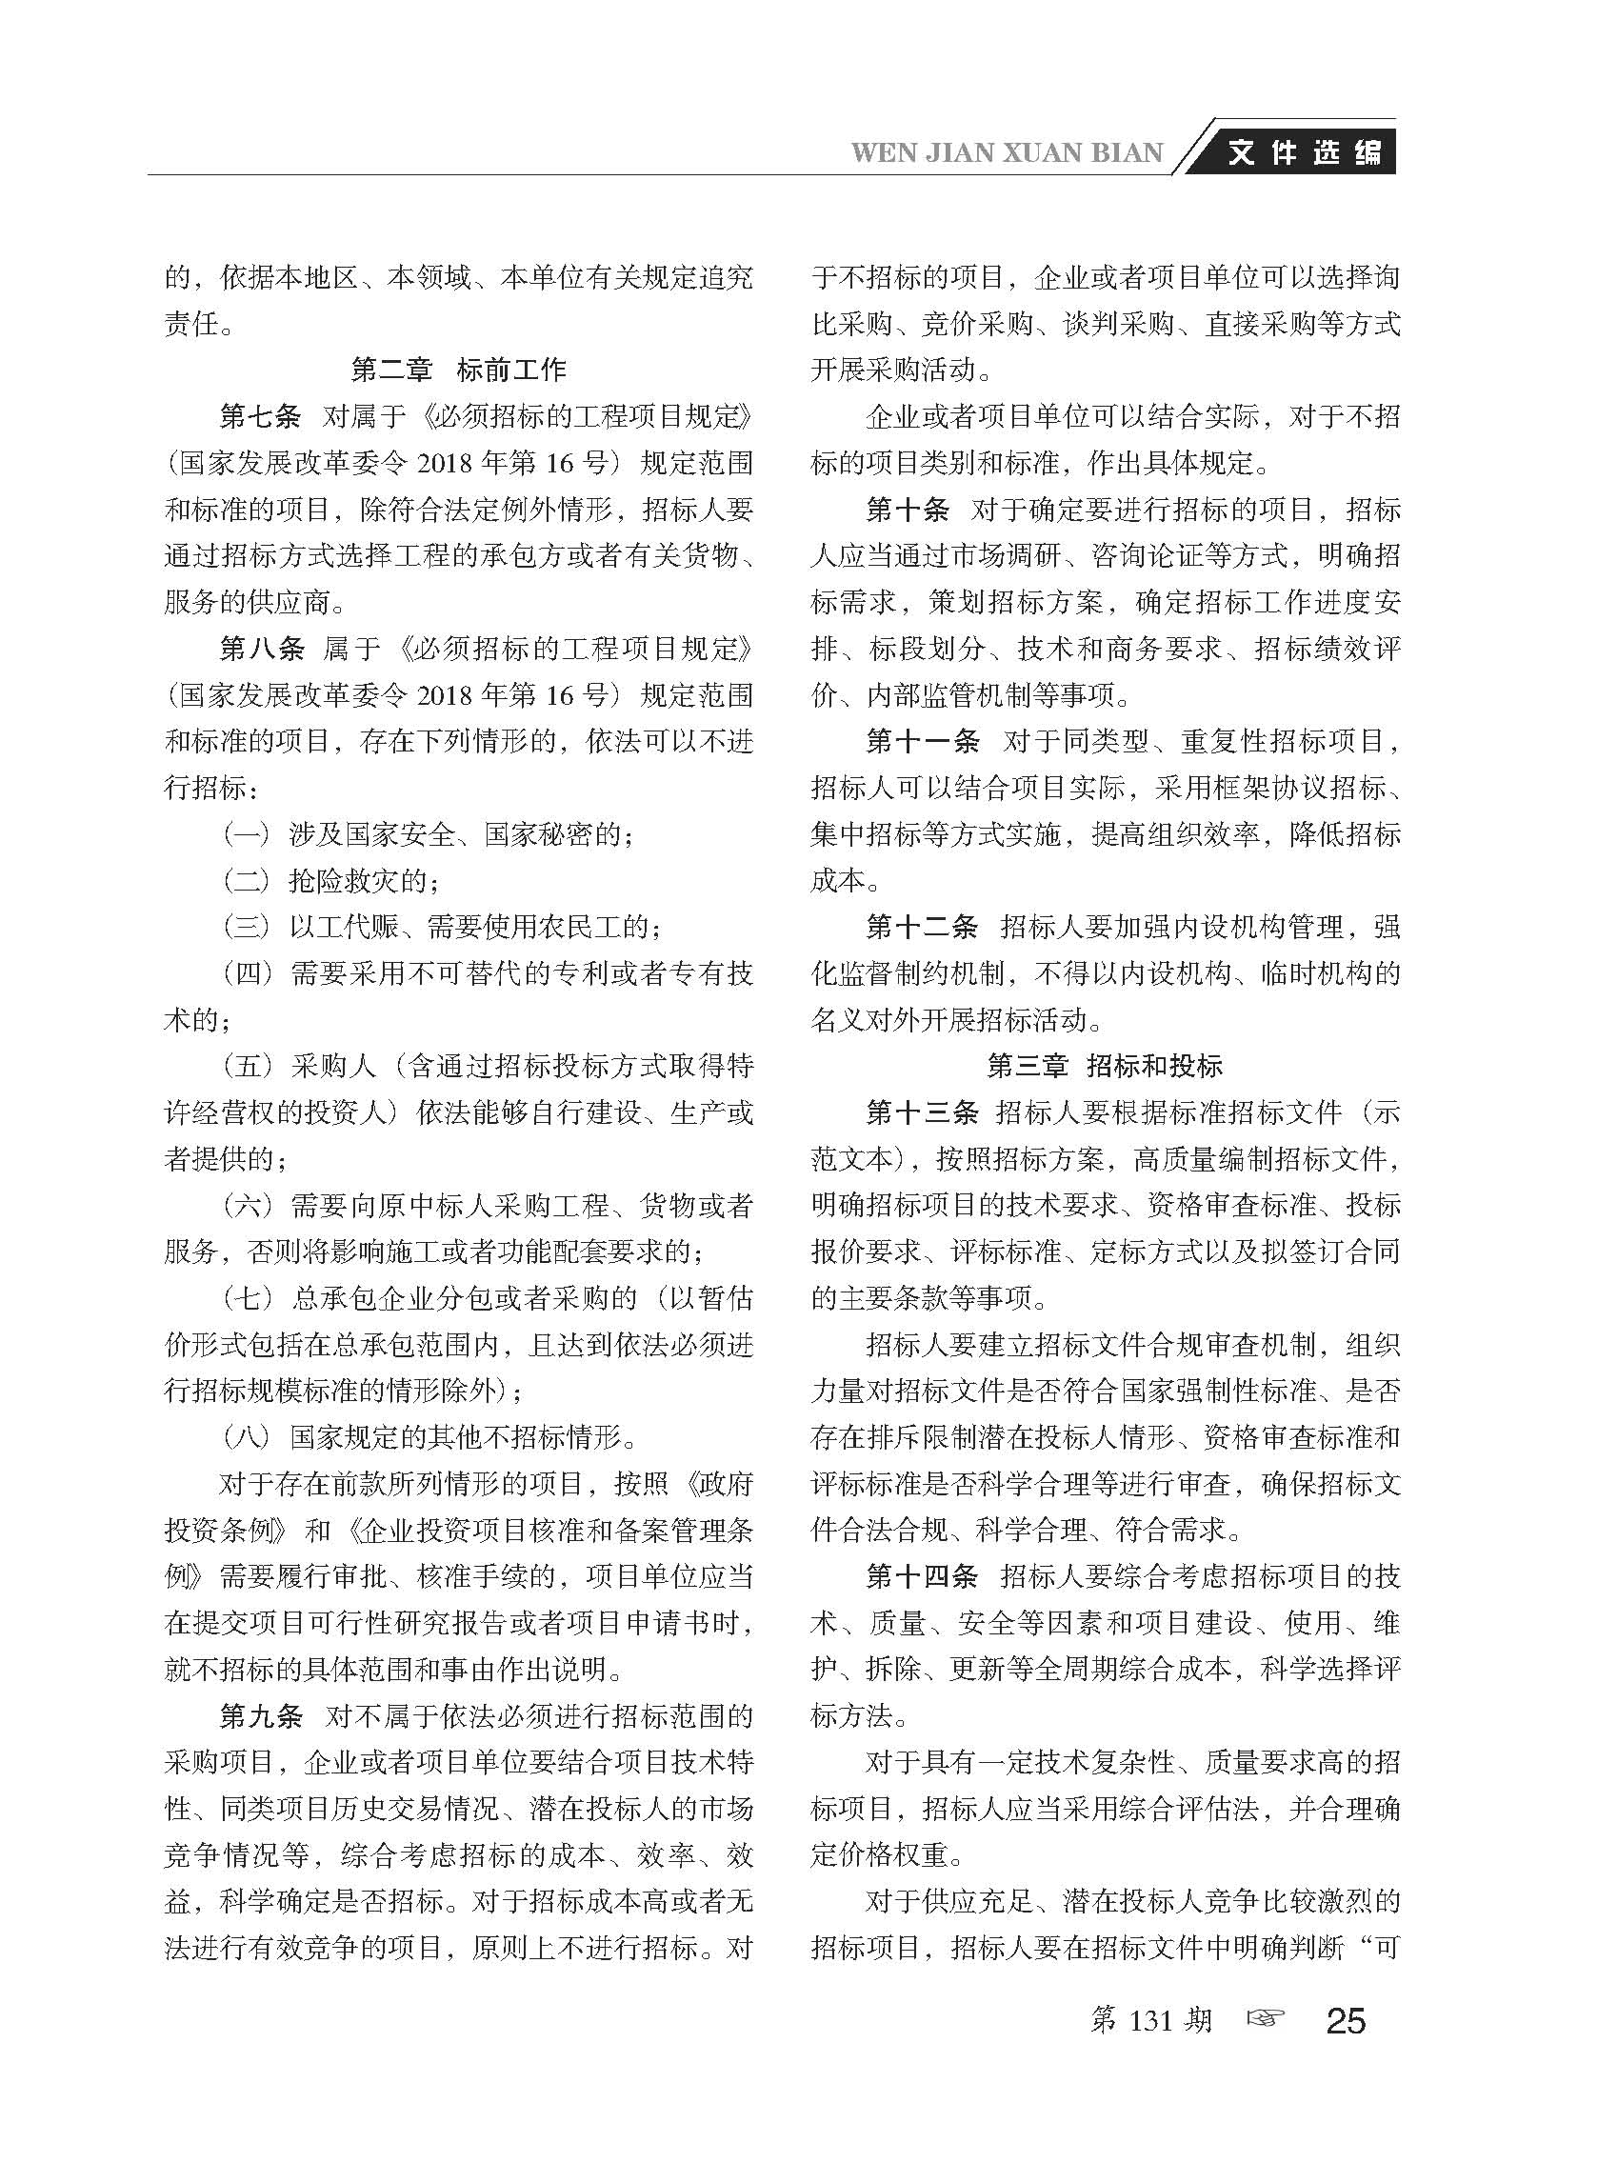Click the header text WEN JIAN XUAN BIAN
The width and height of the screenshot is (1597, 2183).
(1007, 153)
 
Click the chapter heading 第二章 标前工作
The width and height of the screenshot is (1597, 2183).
(458, 370)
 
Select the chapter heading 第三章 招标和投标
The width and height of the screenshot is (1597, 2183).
(1105, 1066)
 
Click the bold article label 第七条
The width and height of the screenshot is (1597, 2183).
(260, 416)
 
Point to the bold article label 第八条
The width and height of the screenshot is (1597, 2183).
(261, 649)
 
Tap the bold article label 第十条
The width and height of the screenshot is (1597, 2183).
(907, 510)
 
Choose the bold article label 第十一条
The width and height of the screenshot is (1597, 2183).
(922, 742)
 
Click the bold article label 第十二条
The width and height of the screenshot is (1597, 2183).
(922, 927)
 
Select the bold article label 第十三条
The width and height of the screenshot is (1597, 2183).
(922, 1112)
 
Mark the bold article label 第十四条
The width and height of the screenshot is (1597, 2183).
(922, 1577)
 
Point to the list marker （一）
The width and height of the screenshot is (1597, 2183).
(247, 834)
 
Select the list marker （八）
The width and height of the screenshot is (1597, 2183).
(247, 1437)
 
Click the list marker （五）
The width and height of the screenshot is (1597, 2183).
(247, 1067)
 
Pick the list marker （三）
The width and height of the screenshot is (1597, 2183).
(247, 927)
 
